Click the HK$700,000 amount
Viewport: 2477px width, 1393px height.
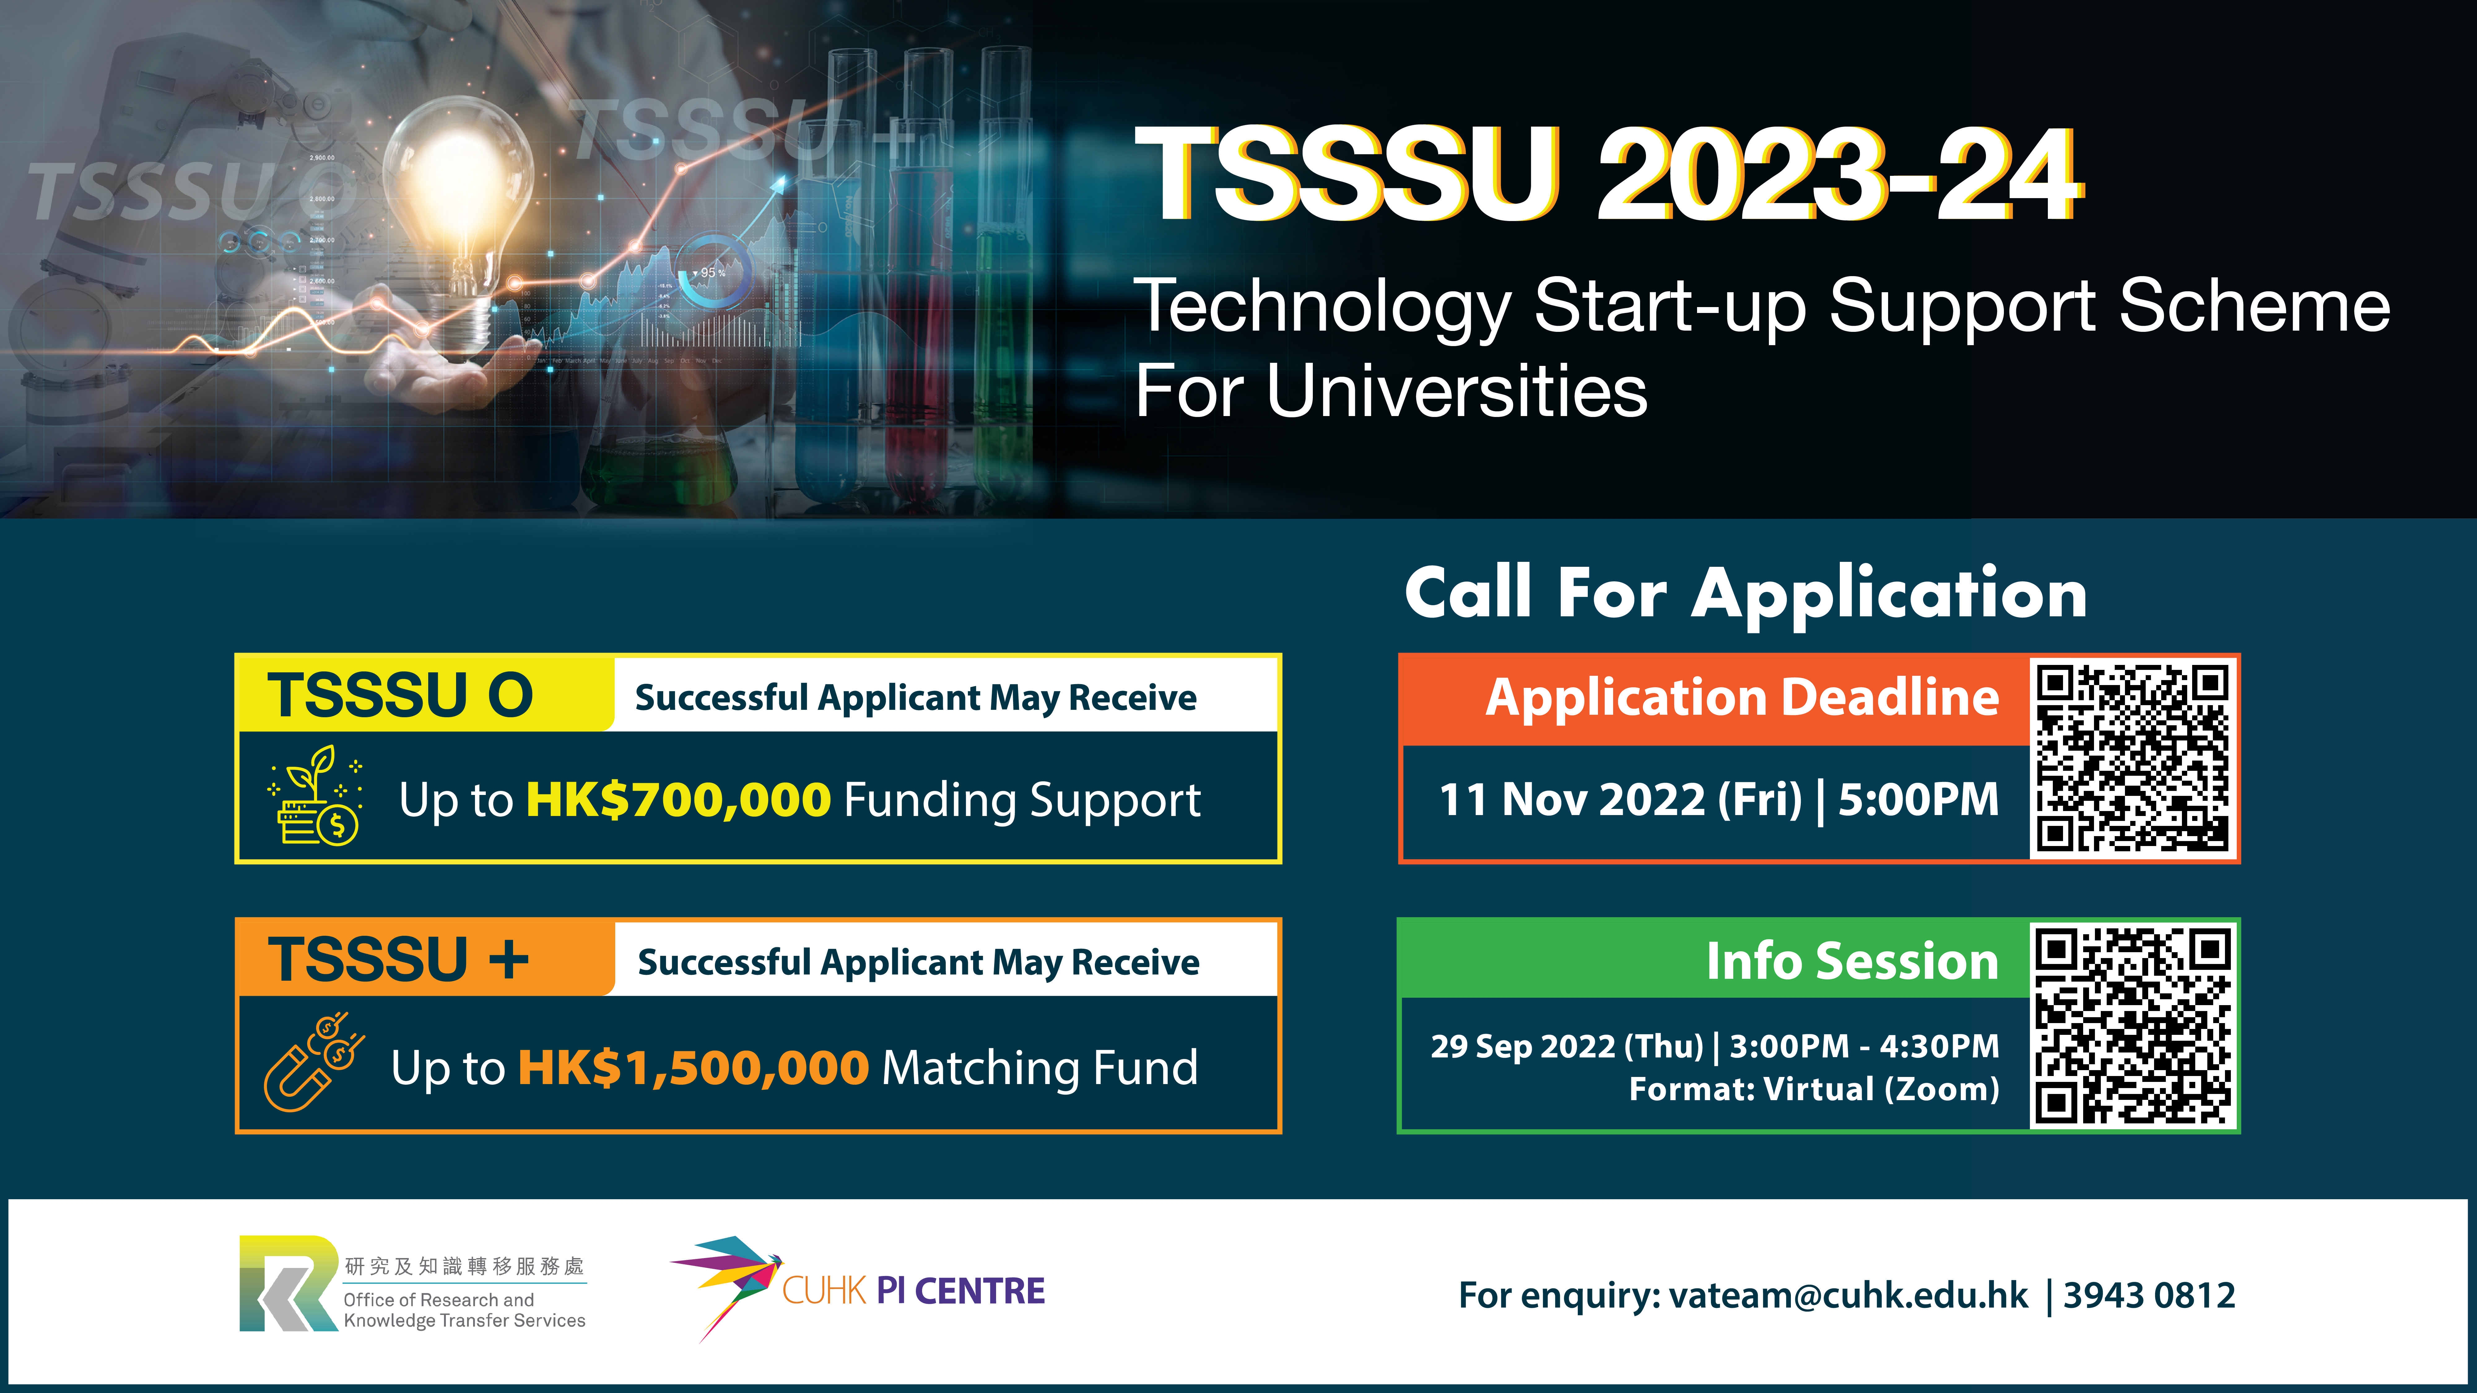[678, 800]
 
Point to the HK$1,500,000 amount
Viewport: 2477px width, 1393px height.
[693, 1067]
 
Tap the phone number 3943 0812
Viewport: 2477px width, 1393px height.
[2149, 1295]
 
